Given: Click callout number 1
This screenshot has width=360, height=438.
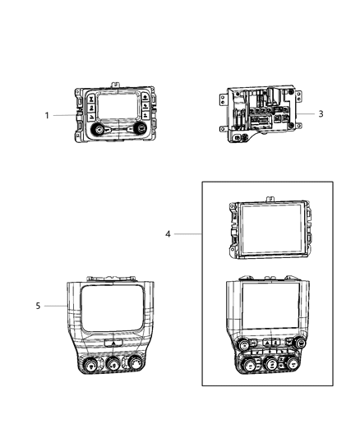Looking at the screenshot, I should tap(47, 115).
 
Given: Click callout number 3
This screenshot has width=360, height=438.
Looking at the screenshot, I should tap(320, 114).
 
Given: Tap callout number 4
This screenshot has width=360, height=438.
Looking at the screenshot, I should tap(168, 234).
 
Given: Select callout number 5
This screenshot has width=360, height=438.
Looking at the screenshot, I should tap(38, 306).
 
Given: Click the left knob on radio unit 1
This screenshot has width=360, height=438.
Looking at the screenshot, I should tap(98, 131).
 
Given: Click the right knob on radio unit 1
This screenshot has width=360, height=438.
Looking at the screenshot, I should tap(141, 129).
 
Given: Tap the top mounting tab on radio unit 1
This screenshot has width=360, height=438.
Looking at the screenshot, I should tap(118, 83).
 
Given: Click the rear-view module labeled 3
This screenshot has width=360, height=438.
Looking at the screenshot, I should tap(258, 115).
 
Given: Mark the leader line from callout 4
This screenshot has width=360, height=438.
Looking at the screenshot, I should tap(187, 234).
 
